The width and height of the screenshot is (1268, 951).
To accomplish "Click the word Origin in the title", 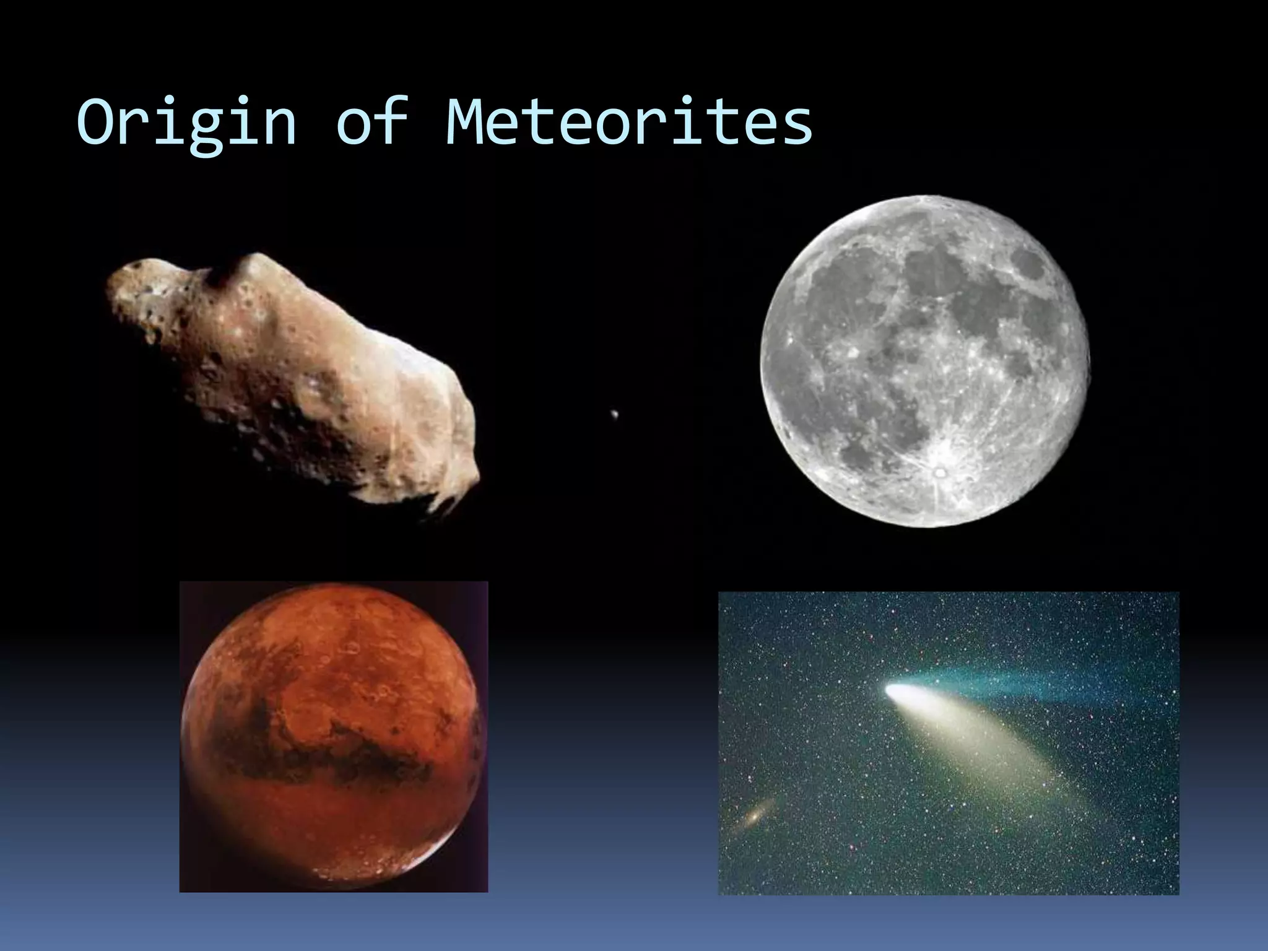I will pyautogui.click(x=186, y=124).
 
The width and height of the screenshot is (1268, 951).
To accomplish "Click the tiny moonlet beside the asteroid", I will pyautogui.click(x=614, y=414).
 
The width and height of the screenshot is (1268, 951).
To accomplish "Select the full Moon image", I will pyautogui.click(x=925, y=362).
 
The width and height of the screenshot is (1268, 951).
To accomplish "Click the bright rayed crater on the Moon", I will pyautogui.click(x=940, y=472).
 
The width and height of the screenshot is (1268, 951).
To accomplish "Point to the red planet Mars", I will pyautogui.click(x=333, y=737).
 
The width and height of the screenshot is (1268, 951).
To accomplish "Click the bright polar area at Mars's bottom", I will pyautogui.click(x=347, y=867).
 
